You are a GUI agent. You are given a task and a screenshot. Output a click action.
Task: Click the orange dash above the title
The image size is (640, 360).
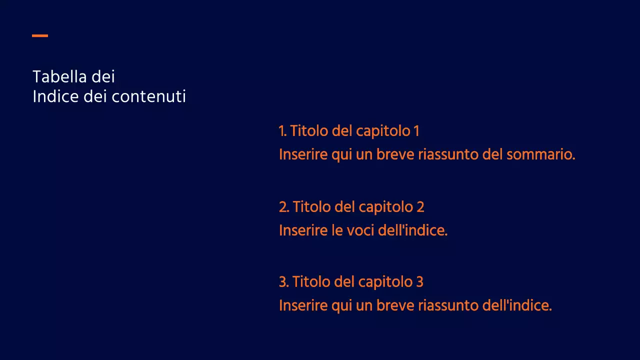[40, 35]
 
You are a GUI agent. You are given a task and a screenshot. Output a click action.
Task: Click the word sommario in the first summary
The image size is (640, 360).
[540, 154]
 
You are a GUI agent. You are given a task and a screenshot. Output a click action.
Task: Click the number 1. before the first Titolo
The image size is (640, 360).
[282, 131]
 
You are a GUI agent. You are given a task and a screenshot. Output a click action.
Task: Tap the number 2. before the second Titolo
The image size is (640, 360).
[284, 206]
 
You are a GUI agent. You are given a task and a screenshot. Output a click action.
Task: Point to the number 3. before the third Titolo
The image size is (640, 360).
[284, 282]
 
